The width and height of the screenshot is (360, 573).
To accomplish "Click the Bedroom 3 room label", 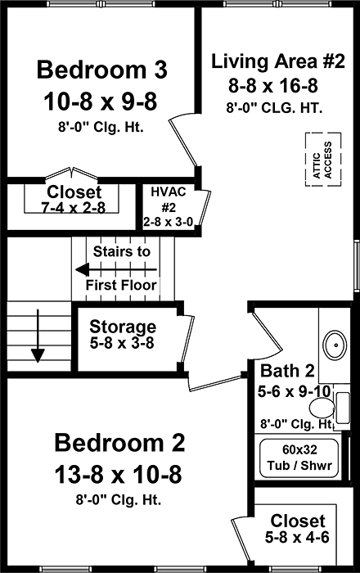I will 102,69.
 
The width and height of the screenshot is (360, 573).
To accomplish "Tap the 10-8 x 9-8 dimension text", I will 102,101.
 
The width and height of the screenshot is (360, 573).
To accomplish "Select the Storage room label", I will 123,326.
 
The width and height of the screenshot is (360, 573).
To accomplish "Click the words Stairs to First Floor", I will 123,268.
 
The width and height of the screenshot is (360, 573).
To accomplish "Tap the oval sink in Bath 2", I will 333,345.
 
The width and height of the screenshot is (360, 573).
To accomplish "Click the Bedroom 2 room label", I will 119,443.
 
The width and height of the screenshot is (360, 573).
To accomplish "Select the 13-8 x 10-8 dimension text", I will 119,473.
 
